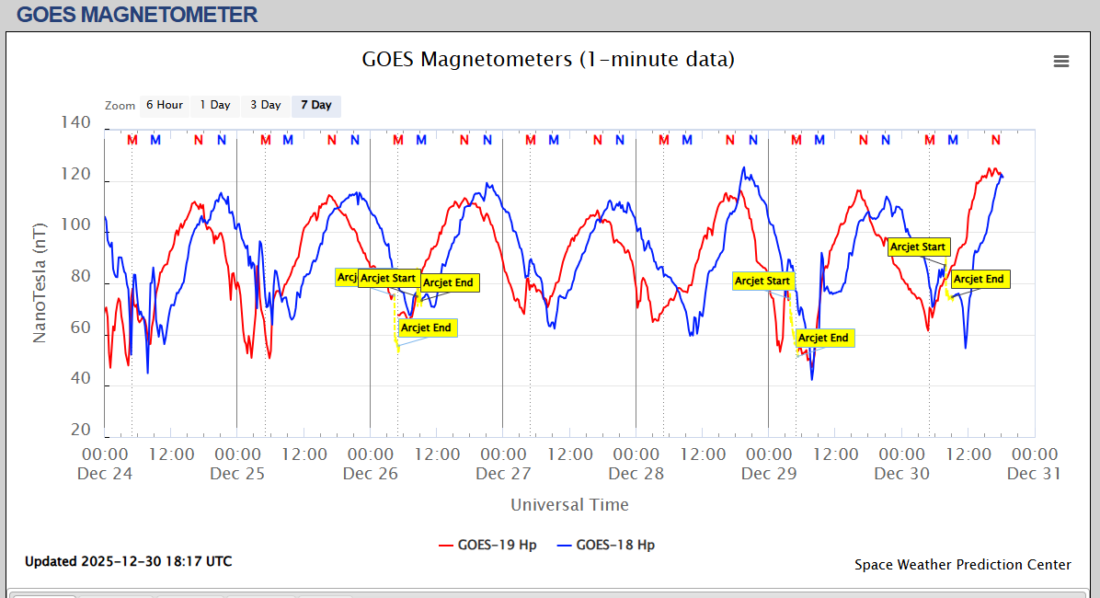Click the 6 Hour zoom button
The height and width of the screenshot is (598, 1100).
(164, 105)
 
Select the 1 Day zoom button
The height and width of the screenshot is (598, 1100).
(215, 105)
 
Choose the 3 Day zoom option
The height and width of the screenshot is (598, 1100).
(265, 105)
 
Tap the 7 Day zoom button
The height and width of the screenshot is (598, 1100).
(315, 105)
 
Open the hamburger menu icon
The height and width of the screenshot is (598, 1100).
(1061, 61)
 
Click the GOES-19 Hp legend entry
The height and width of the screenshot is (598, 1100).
(487, 545)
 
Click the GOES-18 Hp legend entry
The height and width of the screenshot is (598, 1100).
(606, 545)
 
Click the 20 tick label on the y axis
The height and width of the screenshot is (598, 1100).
(81, 431)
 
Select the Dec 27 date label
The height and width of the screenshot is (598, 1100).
(503, 474)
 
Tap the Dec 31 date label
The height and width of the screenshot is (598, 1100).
(1034, 474)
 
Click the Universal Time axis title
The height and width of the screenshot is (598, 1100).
(569, 505)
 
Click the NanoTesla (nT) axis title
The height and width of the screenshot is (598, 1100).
(40, 282)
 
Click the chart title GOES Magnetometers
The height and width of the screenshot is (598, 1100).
(548, 60)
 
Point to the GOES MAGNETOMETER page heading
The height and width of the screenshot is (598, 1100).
(137, 15)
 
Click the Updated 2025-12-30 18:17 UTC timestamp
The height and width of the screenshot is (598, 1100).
(128, 561)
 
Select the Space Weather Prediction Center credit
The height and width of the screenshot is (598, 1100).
(962, 565)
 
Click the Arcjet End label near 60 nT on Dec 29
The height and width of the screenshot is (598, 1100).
(823, 339)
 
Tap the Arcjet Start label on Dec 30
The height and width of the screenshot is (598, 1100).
(918, 247)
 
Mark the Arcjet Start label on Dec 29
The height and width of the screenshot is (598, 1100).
(762, 281)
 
